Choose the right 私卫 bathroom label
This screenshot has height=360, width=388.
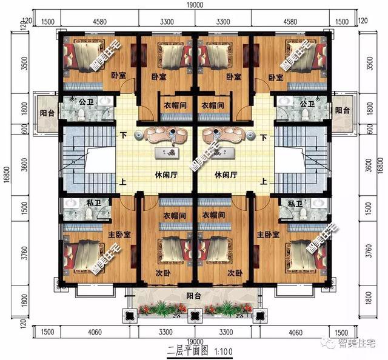[295, 204]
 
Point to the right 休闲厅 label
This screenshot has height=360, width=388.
[225, 175]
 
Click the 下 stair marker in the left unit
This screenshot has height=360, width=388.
[124, 136]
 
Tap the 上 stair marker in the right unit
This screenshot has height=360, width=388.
[263, 181]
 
